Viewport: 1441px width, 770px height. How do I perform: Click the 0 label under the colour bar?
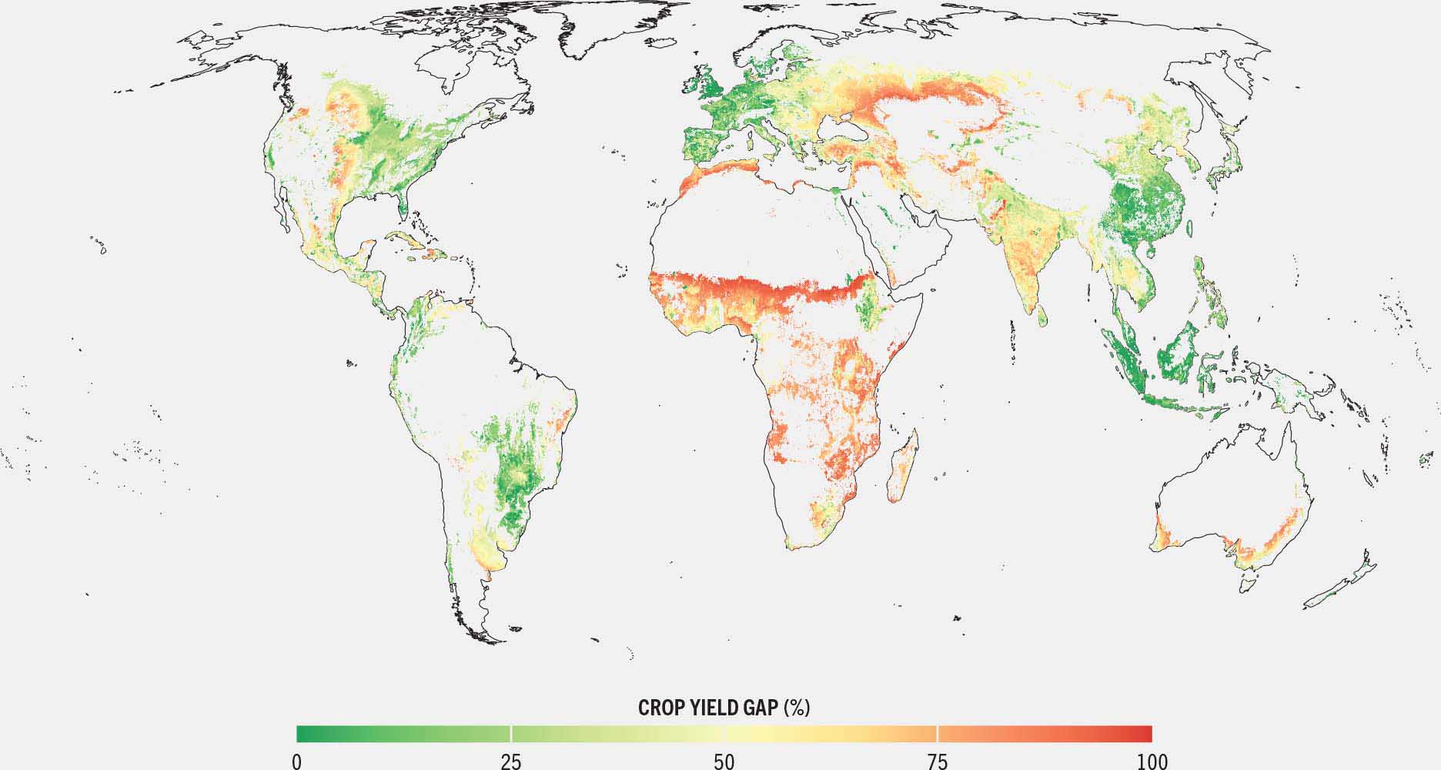[x=296, y=762]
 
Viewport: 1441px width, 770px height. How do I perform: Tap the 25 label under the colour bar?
[x=511, y=762]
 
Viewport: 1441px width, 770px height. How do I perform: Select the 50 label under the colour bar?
[x=724, y=762]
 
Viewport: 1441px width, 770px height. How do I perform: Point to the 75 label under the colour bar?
[x=938, y=762]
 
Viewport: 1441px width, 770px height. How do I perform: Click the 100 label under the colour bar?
[x=1152, y=762]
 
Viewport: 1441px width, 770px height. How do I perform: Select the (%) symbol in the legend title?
[x=797, y=708]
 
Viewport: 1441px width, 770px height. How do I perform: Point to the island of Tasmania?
[x=1249, y=581]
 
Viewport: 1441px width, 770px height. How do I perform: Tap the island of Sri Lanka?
[x=1041, y=315]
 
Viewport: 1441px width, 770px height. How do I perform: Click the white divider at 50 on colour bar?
[x=724, y=732]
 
